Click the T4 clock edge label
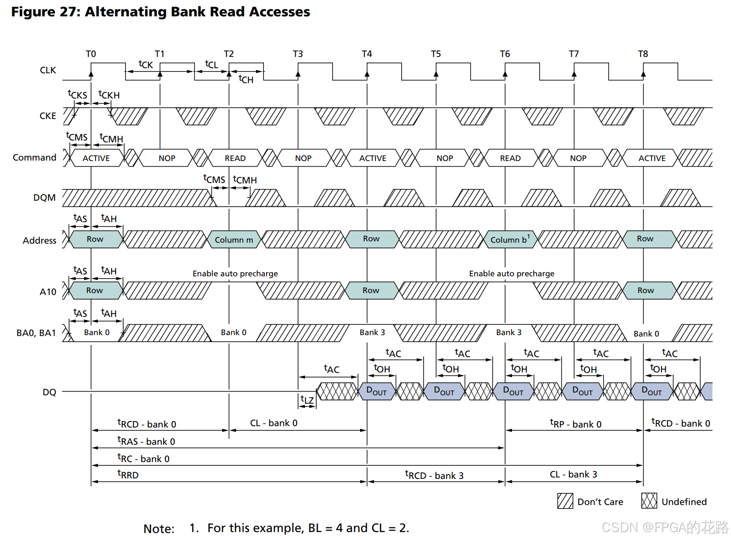[367, 54]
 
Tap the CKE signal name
[48, 116]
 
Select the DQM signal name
[44, 198]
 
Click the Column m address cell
[234, 239]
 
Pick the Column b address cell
[510, 239]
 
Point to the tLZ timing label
[307, 400]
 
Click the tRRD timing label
[128, 475]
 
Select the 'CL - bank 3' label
[573, 474]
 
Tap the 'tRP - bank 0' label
[575, 424]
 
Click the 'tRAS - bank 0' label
[146, 441]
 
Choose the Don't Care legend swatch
[565, 501]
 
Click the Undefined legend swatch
[649, 501]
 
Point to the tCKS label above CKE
[78, 95]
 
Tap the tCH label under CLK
[246, 79]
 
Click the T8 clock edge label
[643, 54]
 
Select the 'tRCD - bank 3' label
[434, 475]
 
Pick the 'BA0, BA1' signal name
[36, 333]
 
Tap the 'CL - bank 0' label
[274, 423]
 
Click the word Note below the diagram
[159, 528]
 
